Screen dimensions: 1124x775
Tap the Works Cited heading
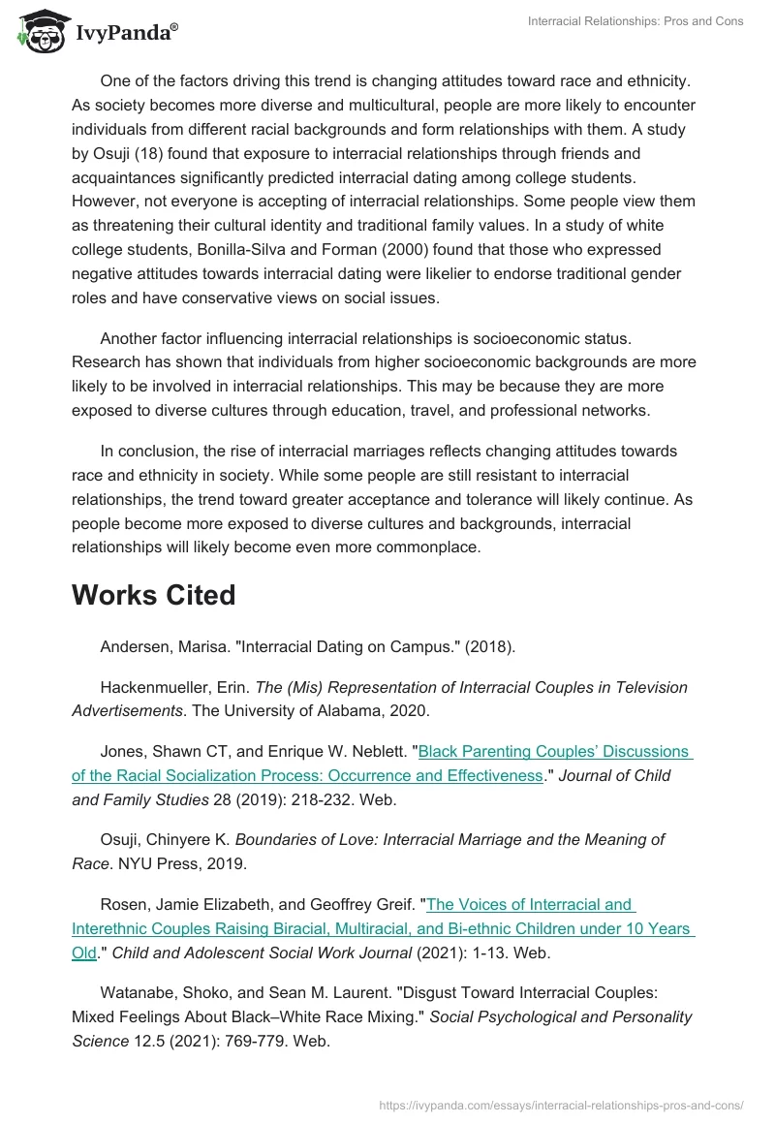pyautogui.click(x=153, y=595)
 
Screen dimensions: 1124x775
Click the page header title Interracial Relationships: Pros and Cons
pyautogui.click(x=635, y=21)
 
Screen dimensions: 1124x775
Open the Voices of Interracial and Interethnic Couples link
pyautogui.click(x=530, y=905)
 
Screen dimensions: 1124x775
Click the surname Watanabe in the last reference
pyautogui.click(x=136, y=992)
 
